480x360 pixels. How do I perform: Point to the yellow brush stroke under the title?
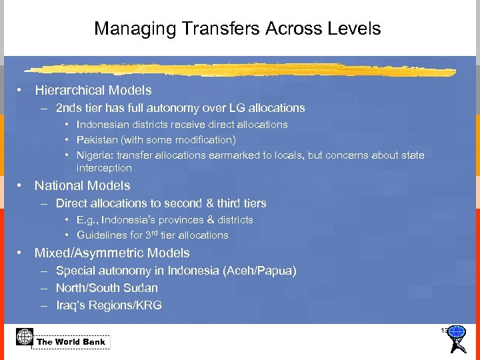(x=200, y=69)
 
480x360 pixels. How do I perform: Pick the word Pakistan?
(x=98, y=140)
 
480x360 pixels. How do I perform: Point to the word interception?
(x=104, y=168)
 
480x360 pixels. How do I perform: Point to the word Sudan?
(x=141, y=288)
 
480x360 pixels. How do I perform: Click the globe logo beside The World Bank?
(x=25, y=337)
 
